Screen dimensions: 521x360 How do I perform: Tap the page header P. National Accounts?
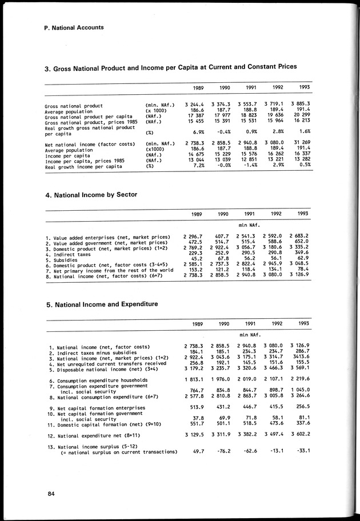click(74, 27)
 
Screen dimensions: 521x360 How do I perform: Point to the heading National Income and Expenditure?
click(101, 304)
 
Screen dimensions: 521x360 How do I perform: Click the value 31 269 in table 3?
click(301, 142)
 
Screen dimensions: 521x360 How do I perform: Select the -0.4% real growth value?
click(222, 132)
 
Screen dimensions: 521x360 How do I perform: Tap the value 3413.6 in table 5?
click(301, 357)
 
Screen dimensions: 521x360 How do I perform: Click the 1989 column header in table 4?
click(197, 214)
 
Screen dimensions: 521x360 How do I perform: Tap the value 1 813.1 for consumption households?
click(195, 379)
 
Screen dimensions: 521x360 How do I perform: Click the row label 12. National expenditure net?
click(94, 435)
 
